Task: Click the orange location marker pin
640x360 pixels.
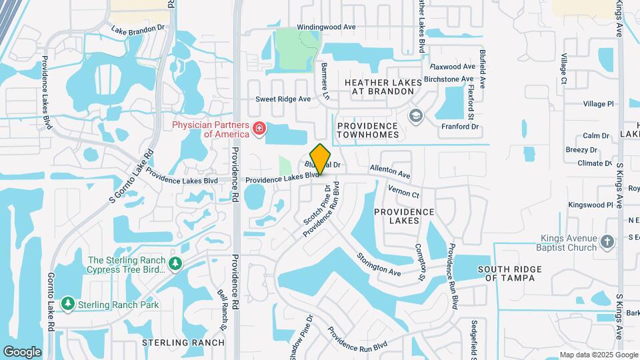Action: click(x=321, y=159)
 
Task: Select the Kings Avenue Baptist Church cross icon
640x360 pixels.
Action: click(x=607, y=241)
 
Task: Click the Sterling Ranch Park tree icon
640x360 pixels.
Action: click(x=67, y=304)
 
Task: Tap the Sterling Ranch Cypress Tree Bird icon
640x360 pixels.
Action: click(x=175, y=264)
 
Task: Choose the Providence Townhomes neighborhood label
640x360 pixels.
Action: click(x=377, y=130)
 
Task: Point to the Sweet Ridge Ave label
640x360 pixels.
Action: click(x=283, y=99)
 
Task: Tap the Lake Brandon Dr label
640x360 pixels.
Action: click(x=138, y=30)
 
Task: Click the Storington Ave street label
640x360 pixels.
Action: click(x=378, y=263)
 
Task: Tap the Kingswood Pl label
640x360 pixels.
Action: click(x=590, y=205)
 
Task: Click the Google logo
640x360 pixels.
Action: click(x=22, y=351)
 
